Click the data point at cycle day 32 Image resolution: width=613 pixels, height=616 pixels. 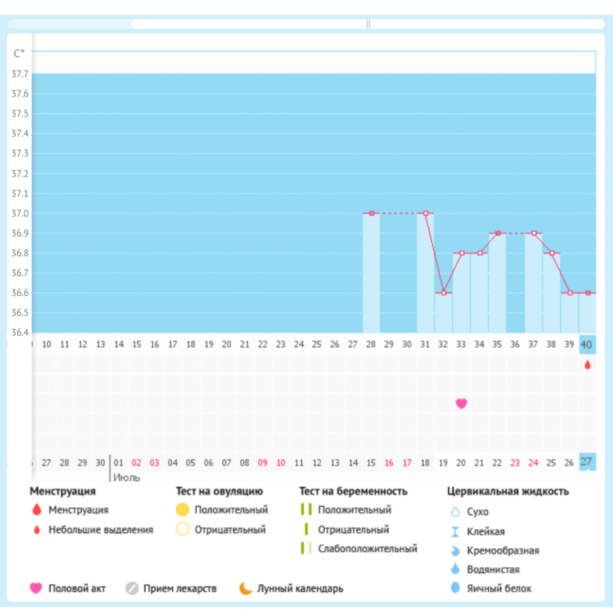tap(443, 293)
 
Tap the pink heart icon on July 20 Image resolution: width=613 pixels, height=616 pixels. tap(461, 403)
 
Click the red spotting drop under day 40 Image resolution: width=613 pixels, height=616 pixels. tap(587, 365)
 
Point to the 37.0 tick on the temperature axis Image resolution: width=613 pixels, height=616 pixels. tap(19, 214)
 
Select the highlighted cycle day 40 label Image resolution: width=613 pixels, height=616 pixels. tap(587, 345)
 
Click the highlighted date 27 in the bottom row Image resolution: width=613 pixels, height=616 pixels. tap(587, 462)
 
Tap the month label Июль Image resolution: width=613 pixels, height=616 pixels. tap(126, 478)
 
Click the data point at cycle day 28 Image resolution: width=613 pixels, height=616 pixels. tap(371, 214)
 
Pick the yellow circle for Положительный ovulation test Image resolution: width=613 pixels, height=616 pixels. tap(182, 510)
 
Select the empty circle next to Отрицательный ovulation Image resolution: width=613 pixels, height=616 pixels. tap(182, 530)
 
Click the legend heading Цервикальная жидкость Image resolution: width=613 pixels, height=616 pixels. tap(507, 491)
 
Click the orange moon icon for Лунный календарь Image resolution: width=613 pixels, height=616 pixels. tap(246, 589)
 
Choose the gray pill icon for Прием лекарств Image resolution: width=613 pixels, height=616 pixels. tap(132, 589)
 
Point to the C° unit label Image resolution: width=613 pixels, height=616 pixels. tap(19, 54)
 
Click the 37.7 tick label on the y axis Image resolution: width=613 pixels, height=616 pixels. tap(19, 74)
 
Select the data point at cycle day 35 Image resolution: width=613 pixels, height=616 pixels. tap(498, 234)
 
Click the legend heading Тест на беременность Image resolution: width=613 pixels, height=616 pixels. tap(353, 491)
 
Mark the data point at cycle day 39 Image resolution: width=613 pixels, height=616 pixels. tap(570, 293)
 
